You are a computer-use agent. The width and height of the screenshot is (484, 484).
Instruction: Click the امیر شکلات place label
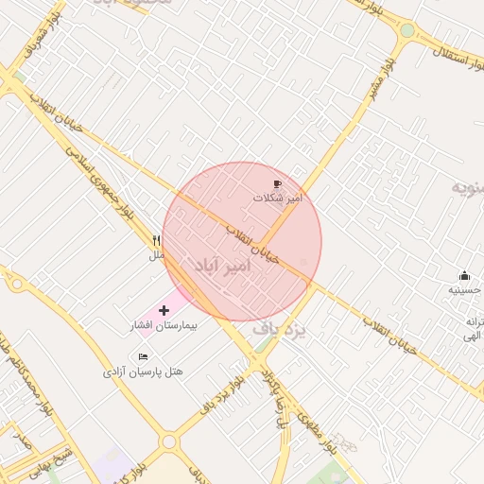(x=277, y=199)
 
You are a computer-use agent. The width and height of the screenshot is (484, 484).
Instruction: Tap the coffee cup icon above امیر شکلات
(x=277, y=184)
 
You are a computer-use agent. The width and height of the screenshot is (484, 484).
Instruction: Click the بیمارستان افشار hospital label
(x=162, y=326)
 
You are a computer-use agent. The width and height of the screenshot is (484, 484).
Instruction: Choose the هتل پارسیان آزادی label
(x=143, y=372)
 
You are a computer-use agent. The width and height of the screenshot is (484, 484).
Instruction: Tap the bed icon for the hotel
(x=143, y=356)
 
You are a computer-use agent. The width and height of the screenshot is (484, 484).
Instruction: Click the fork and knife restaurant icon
(x=157, y=241)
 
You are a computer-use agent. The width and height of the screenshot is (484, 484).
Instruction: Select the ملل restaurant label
(x=157, y=255)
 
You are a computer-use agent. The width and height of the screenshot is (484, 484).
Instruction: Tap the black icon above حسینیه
(x=463, y=276)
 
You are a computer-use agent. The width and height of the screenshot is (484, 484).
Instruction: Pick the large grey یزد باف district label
(x=282, y=330)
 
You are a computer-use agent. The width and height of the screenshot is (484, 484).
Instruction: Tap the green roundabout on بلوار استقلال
(x=406, y=30)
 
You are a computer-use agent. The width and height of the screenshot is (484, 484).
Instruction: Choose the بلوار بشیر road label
(x=377, y=86)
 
